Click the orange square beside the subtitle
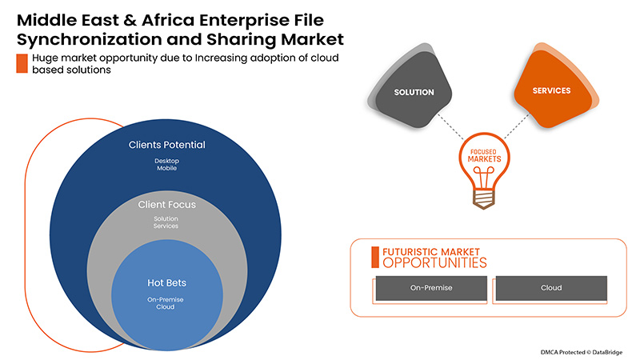[22, 63]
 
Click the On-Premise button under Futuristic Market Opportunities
[428, 287]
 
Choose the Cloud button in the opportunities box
[551, 287]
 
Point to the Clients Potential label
[167, 146]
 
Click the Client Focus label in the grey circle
[167, 205]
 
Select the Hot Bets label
[167, 282]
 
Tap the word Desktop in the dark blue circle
[167, 161]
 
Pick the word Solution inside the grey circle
[167, 218]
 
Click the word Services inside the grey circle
[167, 226]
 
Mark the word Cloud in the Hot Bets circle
[167, 307]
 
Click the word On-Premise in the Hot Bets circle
[167, 298]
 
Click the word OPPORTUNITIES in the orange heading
[434, 262]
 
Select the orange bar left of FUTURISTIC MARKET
[374, 256]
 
